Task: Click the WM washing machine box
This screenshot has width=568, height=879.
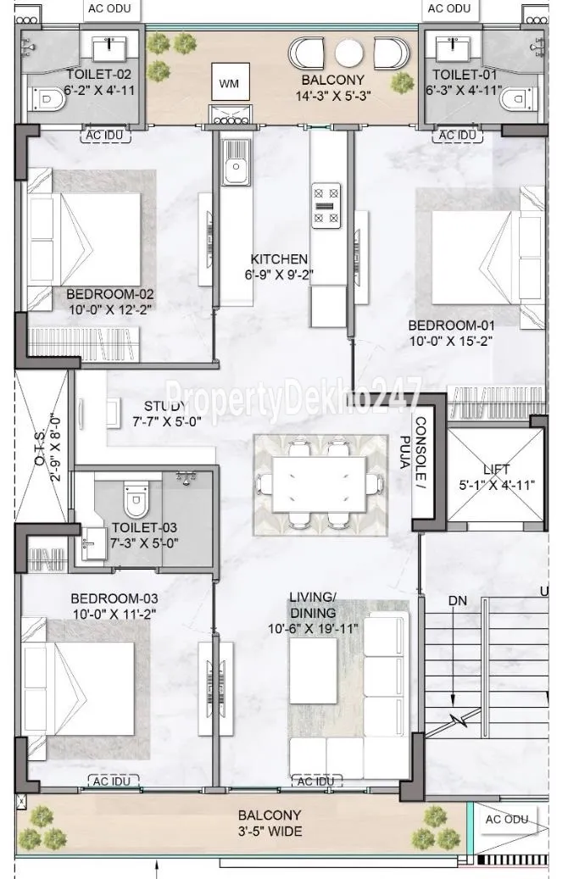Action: click(229, 83)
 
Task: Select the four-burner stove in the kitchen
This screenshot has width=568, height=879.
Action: click(326, 206)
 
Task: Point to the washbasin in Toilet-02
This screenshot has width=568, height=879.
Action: click(109, 49)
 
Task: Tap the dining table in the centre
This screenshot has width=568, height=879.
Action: click(319, 484)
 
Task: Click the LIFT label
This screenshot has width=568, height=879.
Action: click(497, 470)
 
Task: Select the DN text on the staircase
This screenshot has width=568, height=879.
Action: click(457, 600)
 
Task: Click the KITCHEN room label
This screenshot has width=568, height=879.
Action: click(279, 259)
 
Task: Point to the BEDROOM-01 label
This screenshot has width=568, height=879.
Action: click(451, 325)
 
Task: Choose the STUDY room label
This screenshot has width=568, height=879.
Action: click(164, 406)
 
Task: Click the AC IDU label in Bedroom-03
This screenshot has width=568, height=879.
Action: click(112, 781)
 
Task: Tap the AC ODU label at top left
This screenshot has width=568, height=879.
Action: click(109, 8)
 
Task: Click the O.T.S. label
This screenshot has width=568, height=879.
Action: click(39, 446)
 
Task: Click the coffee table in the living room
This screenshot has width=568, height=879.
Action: click(313, 670)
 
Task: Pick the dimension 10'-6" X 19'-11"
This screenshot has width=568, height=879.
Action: click(312, 628)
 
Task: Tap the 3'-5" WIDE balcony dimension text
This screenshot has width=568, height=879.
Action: click(269, 831)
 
